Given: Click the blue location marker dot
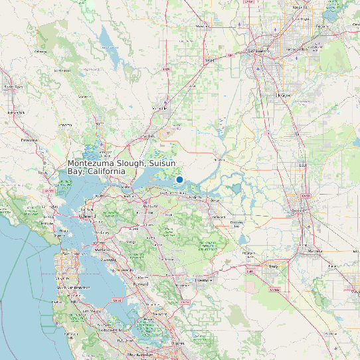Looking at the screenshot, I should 179,179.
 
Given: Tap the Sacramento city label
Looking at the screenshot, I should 261,51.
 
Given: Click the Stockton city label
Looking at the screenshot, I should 297,211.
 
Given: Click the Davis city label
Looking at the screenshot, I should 210,60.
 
